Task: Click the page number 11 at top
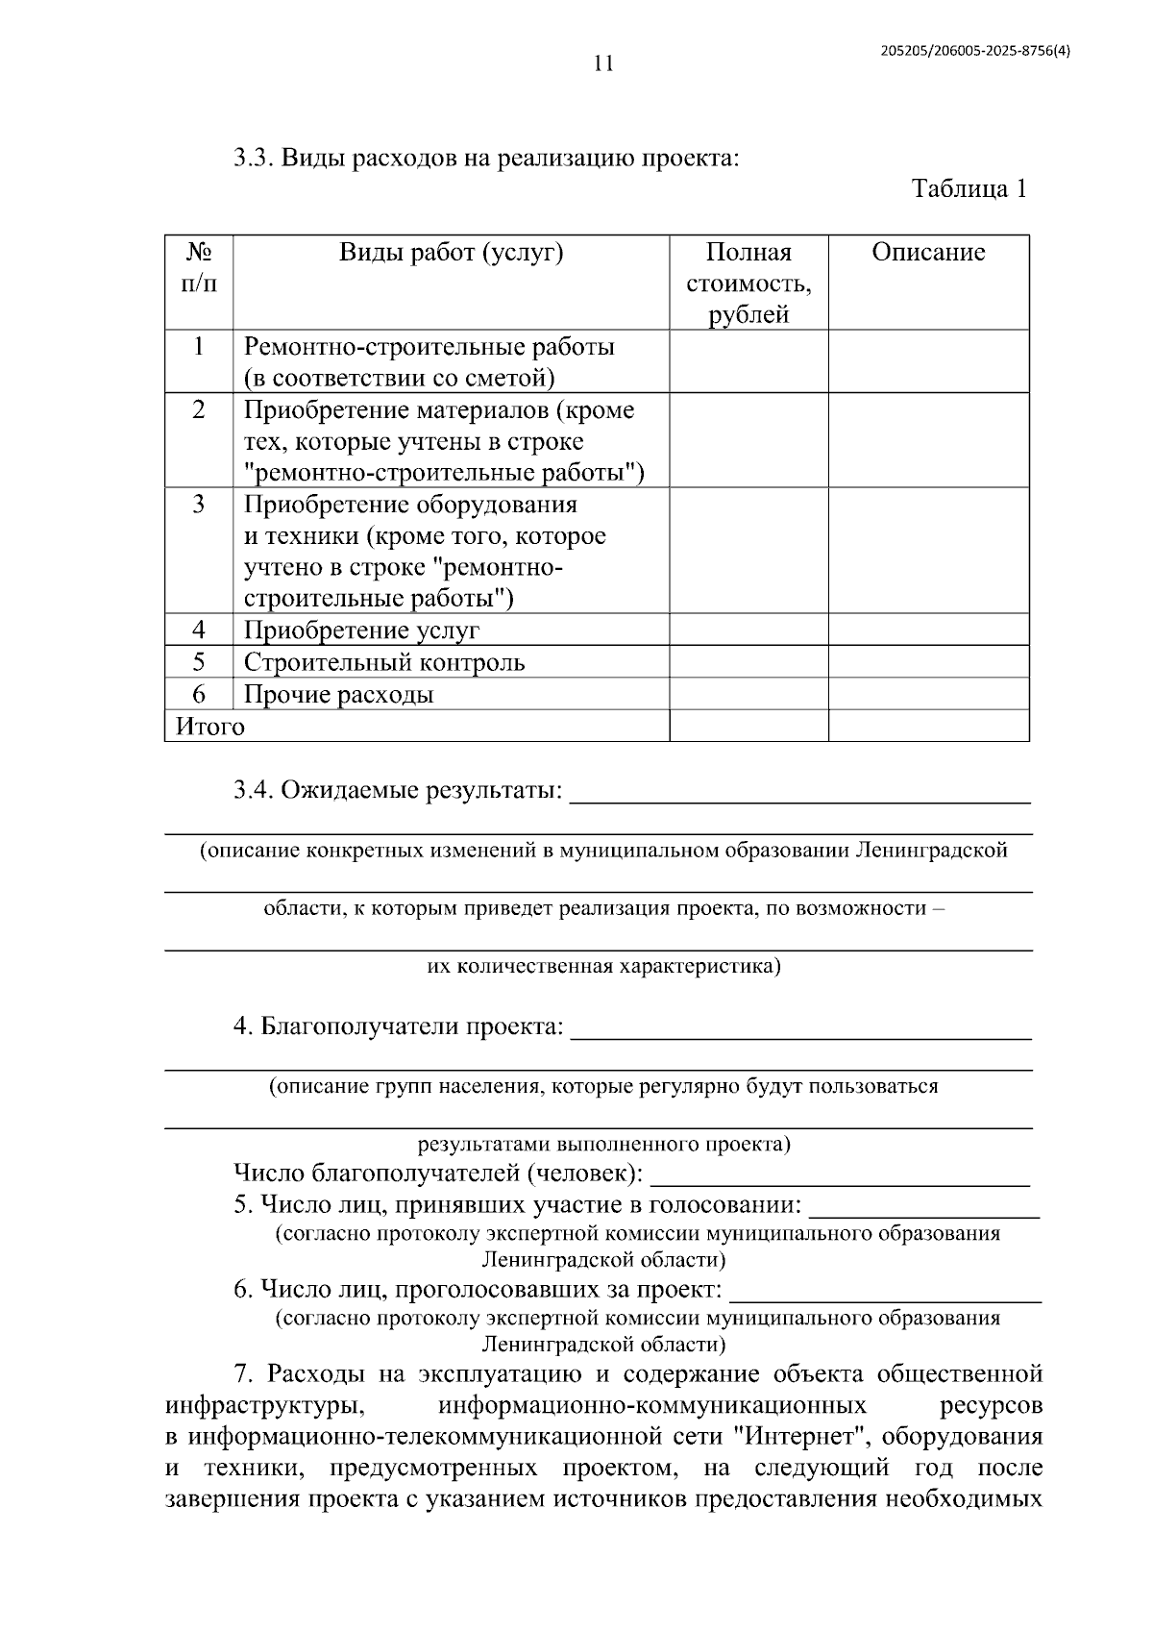(602, 64)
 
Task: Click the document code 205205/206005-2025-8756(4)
(974, 54)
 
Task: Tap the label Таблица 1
(969, 188)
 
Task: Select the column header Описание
(928, 253)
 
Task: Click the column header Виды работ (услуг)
(451, 253)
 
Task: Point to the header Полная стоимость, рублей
(748, 283)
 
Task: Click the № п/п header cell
(199, 267)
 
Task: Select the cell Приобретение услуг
(361, 630)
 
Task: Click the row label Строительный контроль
(384, 662)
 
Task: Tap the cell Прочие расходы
(338, 694)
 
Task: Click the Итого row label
(210, 727)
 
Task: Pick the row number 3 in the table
(199, 505)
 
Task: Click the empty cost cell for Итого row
(748, 726)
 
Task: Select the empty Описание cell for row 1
(928, 360)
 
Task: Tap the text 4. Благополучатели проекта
(398, 1026)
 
